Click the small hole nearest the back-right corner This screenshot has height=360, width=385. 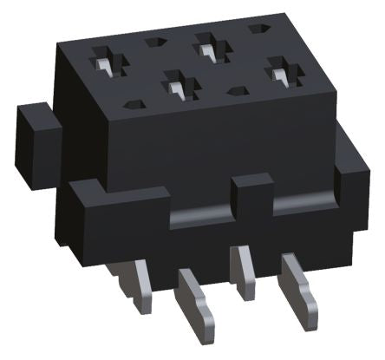(x=257, y=29)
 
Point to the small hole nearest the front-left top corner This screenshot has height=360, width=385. (x=131, y=104)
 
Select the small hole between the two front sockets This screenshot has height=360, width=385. (x=235, y=89)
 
